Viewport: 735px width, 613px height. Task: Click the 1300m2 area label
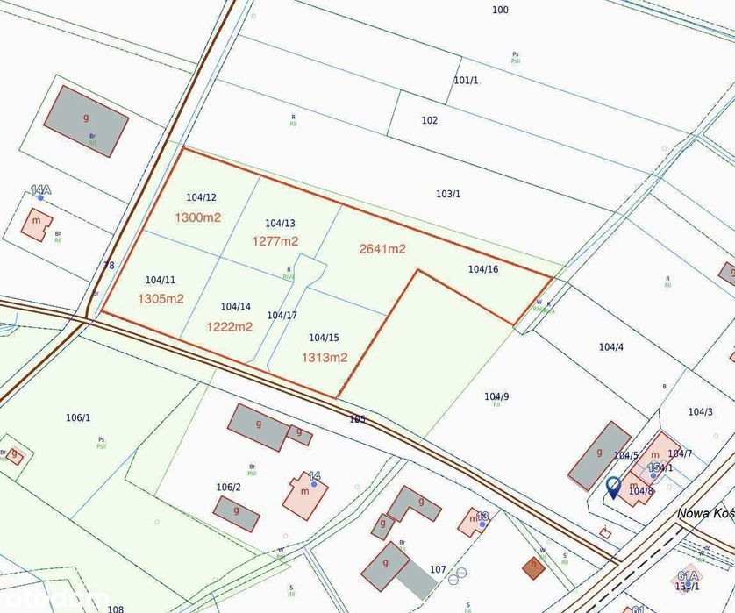coord(197,217)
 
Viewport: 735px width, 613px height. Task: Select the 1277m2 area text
coord(275,241)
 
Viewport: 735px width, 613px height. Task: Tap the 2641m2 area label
coord(382,249)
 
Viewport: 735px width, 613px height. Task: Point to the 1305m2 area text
coord(161,299)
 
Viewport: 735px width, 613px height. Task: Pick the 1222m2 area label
coord(229,327)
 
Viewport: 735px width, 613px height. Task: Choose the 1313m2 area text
coord(325,358)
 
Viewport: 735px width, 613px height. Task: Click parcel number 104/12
coord(202,197)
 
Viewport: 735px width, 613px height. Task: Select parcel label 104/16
coord(483,269)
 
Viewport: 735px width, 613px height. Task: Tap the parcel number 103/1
coord(448,194)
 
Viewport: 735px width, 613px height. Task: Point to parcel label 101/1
coord(467,81)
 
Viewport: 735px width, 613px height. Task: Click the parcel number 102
coord(429,121)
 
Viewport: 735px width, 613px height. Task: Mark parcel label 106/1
coord(78,417)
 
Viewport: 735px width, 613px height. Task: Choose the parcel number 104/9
coord(496,396)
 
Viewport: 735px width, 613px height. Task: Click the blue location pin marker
coord(614,485)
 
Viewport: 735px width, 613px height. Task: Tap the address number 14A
coord(40,189)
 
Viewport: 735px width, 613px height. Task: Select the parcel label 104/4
coord(611,347)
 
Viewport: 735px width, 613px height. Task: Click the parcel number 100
coord(500,11)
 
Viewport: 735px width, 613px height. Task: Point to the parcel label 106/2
coord(228,488)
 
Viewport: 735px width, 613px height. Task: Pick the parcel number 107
coord(439,570)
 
